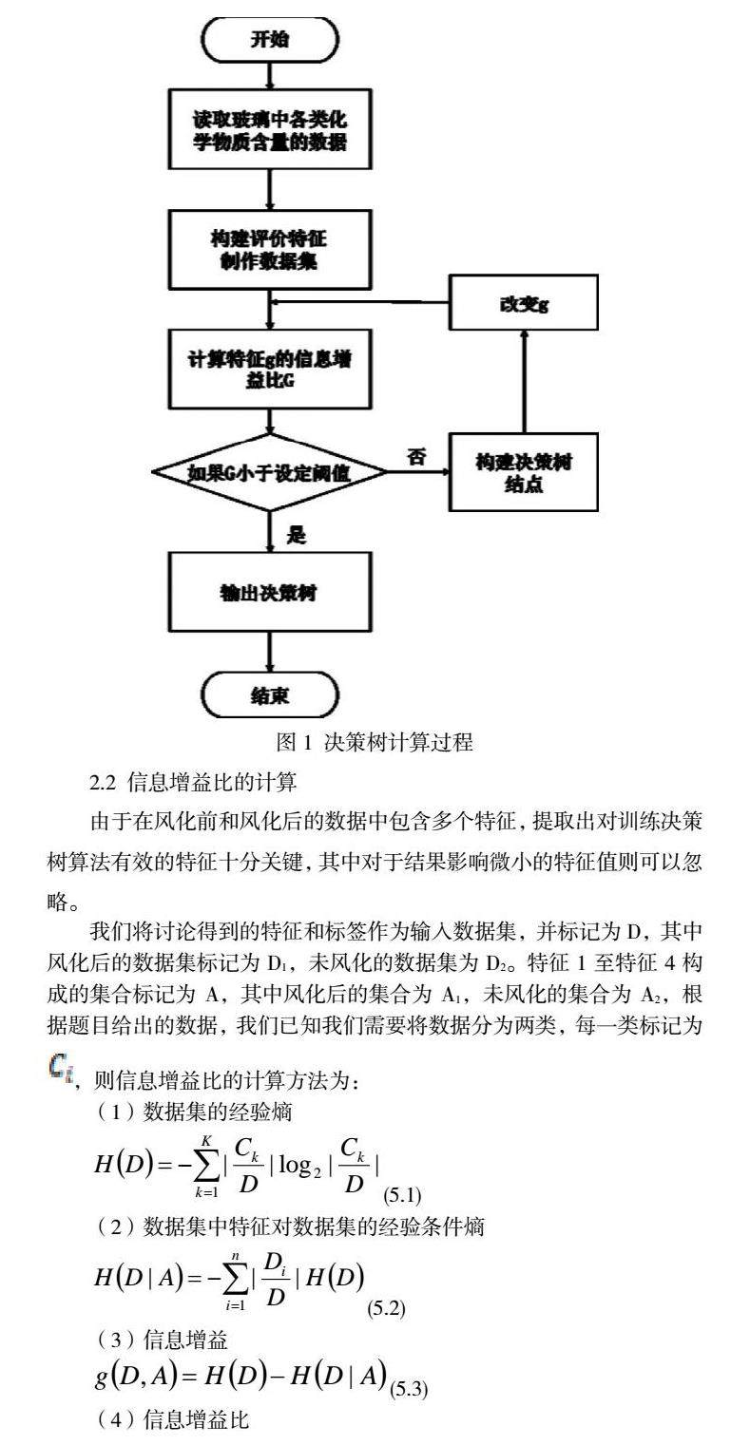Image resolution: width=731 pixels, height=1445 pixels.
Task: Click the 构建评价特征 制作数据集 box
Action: coord(270,249)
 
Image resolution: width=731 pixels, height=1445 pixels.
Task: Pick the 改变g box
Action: coord(525,305)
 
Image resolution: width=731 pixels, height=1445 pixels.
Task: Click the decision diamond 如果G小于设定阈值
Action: coord(270,473)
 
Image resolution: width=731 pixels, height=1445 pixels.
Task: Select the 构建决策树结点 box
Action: coord(525,473)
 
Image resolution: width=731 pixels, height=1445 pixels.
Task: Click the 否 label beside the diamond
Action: coord(414,455)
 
